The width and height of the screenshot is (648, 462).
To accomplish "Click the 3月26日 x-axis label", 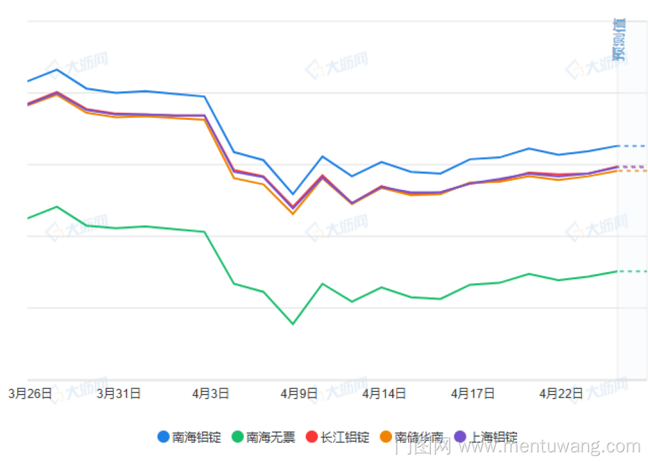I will (30, 393).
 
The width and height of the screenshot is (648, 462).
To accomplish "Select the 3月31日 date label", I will (119, 393).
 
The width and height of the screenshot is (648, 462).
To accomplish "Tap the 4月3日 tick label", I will (211, 393).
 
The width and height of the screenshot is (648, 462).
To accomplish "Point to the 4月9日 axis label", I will (299, 393).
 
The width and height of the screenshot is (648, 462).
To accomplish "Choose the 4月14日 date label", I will (384, 393).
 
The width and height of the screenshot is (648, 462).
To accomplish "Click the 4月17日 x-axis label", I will (473, 393).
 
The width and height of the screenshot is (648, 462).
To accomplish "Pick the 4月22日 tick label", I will (561, 393).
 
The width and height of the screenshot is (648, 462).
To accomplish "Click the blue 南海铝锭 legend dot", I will (164, 437).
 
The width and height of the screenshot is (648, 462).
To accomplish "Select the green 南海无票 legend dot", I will (238, 437).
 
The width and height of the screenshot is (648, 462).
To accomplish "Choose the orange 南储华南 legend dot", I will (386, 437).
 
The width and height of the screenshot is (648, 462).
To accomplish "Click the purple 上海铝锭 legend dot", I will (461, 437).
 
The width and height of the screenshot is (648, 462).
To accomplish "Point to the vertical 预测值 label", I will (619, 39).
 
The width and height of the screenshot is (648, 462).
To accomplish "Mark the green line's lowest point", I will (293, 324).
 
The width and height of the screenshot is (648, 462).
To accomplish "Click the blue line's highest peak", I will (57, 69).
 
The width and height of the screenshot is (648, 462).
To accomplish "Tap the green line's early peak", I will (57, 207).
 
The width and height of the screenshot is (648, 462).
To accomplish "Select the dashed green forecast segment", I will (632, 271).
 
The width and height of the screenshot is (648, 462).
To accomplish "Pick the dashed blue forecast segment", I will (632, 146).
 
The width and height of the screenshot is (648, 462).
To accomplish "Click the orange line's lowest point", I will (293, 214).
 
